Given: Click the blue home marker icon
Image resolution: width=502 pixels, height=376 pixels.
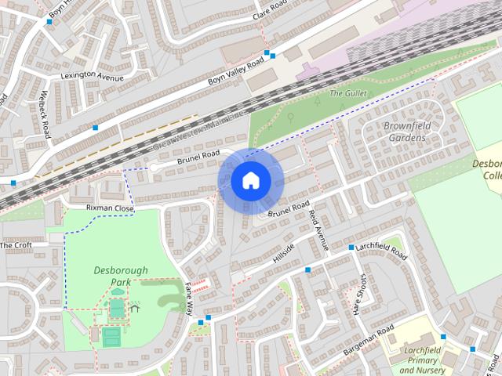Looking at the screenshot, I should (x=250, y=181).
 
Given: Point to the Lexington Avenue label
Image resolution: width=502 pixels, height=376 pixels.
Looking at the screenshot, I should (x=93, y=77).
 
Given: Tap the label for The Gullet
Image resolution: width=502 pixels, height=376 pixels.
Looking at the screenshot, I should (x=347, y=93).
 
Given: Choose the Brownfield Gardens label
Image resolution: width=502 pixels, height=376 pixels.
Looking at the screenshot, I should (x=406, y=132).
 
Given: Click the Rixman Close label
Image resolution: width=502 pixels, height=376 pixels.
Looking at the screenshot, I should (x=110, y=209).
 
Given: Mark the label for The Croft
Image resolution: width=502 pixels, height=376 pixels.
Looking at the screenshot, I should (x=16, y=245).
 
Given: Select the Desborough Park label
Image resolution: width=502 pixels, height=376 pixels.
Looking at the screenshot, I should (x=120, y=276).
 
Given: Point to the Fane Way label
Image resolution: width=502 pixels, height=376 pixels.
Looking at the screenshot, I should (x=189, y=298).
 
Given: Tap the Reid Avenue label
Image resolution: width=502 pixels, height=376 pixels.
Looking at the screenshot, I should (x=318, y=230).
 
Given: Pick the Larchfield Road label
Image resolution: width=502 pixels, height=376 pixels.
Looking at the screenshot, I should (x=381, y=251).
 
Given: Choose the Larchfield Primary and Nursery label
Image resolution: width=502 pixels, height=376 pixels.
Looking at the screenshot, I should (x=423, y=360).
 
